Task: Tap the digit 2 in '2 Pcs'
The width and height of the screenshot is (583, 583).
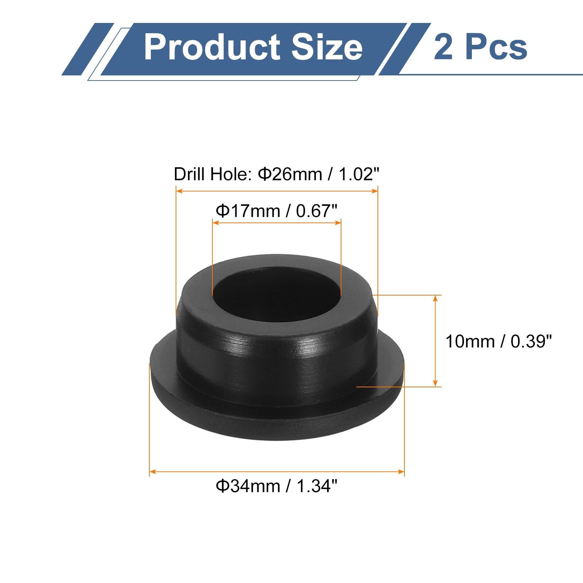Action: coord(443,47)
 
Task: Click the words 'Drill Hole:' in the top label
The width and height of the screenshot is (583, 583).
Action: coord(213,174)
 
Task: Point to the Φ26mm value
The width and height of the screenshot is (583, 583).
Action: coord(290,174)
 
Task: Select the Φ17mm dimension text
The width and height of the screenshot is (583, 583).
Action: coord(248,211)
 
